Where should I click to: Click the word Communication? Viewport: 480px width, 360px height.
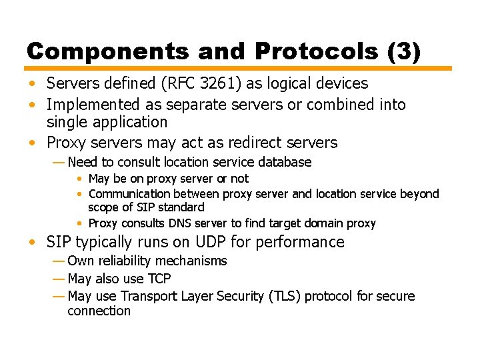[129, 194]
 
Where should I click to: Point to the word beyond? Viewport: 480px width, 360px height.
[419, 194]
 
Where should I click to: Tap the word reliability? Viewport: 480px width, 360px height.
[129, 261]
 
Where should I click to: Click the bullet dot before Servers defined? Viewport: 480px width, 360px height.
[33, 83]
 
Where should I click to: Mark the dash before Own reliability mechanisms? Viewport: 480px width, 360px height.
[58, 261]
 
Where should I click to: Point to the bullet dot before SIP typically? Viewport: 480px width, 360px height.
[33, 242]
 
